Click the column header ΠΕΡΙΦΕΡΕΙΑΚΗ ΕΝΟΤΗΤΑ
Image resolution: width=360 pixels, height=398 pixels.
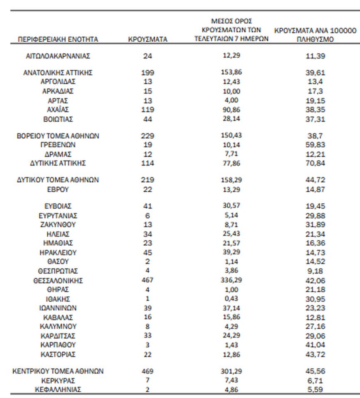[x=58, y=39]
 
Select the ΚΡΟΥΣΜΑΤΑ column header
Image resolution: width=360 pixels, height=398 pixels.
[x=148, y=39]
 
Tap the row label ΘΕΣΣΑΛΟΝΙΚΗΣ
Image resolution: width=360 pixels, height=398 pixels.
[x=58, y=281]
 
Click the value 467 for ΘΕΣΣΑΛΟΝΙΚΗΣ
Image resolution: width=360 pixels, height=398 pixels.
[x=148, y=280]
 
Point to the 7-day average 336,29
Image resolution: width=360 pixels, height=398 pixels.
[x=231, y=280]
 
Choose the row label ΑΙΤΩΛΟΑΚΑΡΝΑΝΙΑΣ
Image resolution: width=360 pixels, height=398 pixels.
[x=58, y=56]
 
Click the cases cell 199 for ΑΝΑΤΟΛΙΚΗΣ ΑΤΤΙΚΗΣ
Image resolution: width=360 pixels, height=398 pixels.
[x=148, y=73]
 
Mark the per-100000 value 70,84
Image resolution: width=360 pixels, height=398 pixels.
[x=315, y=163]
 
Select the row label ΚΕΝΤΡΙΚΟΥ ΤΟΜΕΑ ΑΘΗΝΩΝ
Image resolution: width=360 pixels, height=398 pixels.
[x=58, y=371]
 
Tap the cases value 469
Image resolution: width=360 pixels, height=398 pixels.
[x=148, y=371]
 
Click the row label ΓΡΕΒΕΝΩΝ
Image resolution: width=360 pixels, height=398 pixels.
[x=58, y=145]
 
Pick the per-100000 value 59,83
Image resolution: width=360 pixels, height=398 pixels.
[x=315, y=145]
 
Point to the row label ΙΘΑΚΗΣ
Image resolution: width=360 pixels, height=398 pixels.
[x=58, y=299]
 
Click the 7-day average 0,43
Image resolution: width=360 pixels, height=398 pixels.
[x=231, y=298]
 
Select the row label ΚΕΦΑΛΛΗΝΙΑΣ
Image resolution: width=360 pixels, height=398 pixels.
[x=58, y=390]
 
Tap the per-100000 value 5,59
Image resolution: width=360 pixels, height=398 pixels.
[x=315, y=390]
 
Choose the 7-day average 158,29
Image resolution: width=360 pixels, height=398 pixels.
[x=231, y=180]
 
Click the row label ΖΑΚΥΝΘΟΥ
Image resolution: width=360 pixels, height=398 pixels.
[x=58, y=225]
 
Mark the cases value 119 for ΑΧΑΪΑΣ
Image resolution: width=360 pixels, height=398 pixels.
[x=148, y=110]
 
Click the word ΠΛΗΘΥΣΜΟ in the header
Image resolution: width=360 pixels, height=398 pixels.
[x=315, y=40]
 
